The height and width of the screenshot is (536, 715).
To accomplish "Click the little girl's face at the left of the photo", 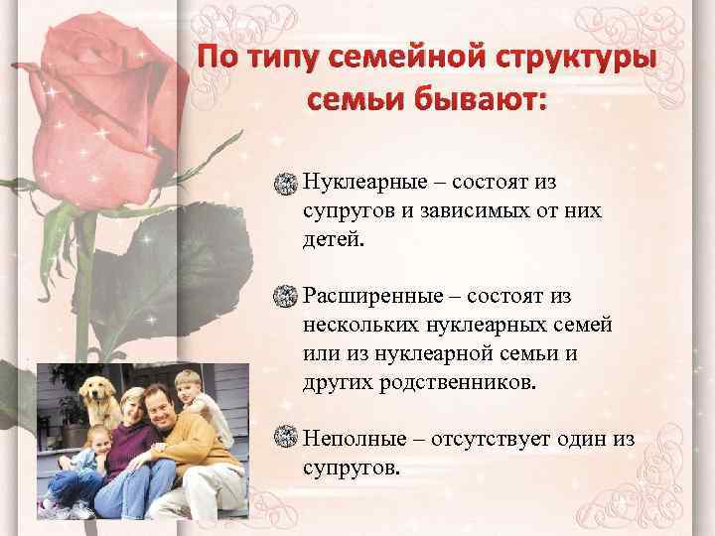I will click(x=97, y=438).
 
